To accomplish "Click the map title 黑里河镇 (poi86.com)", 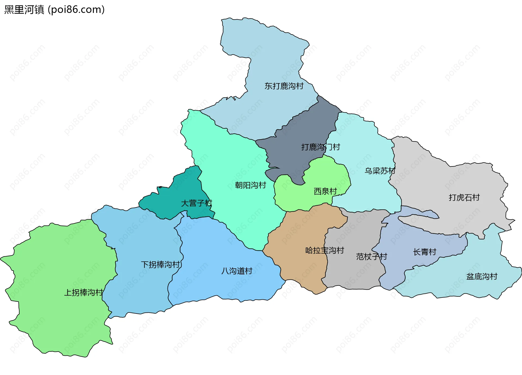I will pos(54,10).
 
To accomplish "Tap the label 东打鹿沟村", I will pos(284,86).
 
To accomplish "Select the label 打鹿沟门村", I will pos(321,147).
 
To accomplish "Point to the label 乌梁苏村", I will pos(380,171).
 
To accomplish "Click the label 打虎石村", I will pos(464,197).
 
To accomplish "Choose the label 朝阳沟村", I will pos(250,185).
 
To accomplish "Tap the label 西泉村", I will pos(325,191).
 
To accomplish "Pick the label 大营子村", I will pos(196,203).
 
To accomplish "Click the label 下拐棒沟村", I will pos(160,265).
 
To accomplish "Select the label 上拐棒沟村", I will pos(83,293).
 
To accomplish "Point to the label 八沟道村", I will pos(237,271).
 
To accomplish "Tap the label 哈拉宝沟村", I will pos(325,250).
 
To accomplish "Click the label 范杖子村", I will pos(371,256).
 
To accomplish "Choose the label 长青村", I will pos(425,252).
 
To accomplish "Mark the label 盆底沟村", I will pos(482,277).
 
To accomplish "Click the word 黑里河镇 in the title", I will pos(24,10).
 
